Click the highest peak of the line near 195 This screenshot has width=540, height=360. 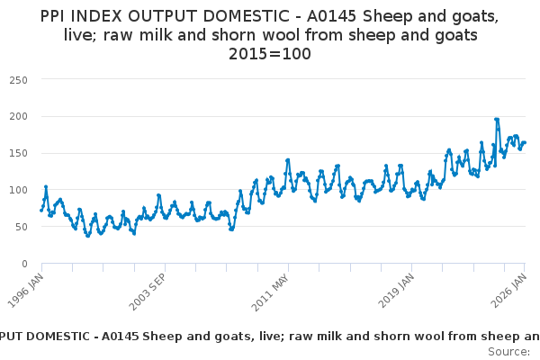click(497, 119)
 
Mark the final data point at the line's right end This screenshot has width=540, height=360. click(525, 142)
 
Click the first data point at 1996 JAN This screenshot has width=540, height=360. click(41, 210)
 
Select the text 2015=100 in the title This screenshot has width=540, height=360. click(270, 54)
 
